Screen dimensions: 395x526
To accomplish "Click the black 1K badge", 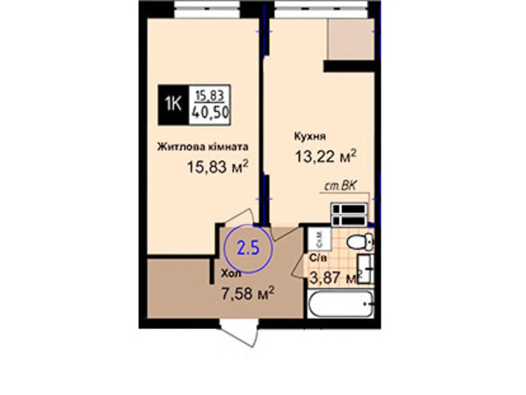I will click(173, 105).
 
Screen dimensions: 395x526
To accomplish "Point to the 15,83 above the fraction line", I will click(210, 96).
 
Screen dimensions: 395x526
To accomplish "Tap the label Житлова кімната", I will click(203, 147).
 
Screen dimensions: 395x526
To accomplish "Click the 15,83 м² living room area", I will click(217, 167).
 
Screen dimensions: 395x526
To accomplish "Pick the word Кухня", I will click(310, 136).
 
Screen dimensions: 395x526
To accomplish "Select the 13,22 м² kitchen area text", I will click(325, 156).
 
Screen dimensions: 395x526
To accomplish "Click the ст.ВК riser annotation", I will click(341, 187).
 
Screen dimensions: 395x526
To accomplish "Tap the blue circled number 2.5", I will click(249, 249).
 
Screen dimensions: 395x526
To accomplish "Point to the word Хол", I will click(231, 274).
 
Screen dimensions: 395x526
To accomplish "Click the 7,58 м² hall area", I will click(248, 293).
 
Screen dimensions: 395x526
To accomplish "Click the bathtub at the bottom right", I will click(341, 304).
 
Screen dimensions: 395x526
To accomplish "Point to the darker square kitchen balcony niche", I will click(351, 39).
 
